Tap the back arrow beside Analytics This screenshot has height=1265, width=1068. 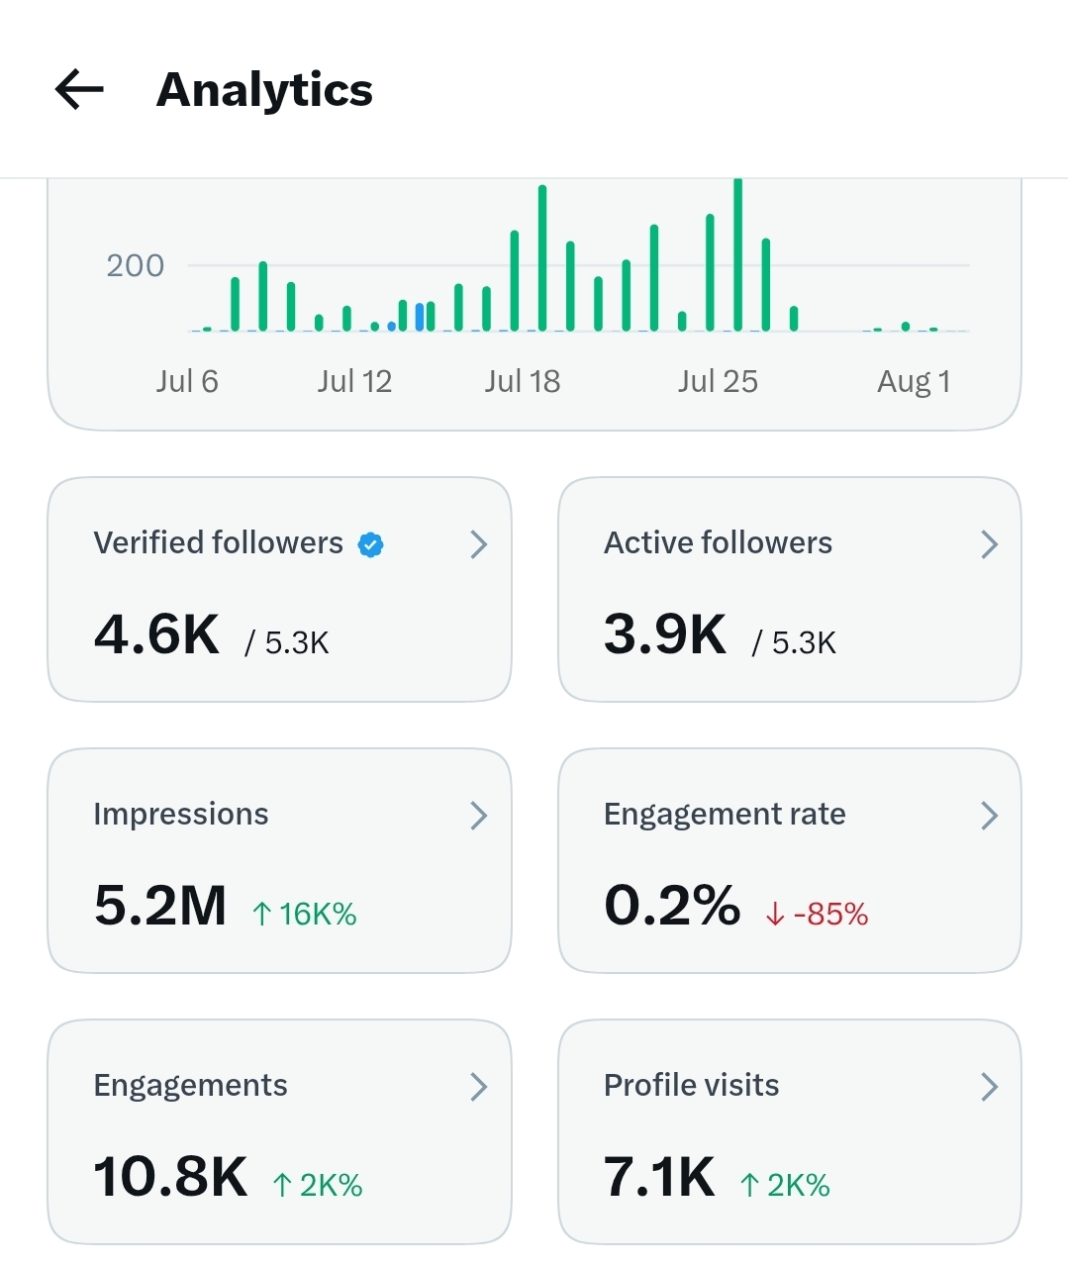[79, 89]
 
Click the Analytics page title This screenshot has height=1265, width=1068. [264, 91]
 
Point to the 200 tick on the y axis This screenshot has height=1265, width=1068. [135, 265]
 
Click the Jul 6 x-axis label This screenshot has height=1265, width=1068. [187, 382]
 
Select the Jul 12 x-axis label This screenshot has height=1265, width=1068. [355, 382]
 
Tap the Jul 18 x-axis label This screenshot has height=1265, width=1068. [523, 382]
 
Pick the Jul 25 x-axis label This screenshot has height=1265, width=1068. [718, 382]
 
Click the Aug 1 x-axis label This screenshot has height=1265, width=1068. [915, 382]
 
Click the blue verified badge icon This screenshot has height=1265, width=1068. [371, 544]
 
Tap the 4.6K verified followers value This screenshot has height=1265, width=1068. [156, 633]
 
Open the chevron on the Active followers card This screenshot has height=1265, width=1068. [989, 544]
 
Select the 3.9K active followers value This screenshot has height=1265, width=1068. [665, 633]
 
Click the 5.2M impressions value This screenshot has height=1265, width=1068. [160, 905]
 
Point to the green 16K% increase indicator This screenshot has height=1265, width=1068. [305, 914]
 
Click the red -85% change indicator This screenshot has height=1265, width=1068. [818, 914]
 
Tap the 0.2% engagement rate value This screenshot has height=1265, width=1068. [672, 905]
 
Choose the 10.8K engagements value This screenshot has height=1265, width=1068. [171, 1177]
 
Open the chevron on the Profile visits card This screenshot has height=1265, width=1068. [989, 1087]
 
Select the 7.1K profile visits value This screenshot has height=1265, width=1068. [659, 1177]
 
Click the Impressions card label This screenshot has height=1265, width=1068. [181, 815]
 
